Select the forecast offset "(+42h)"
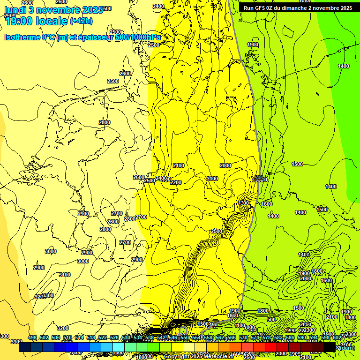(x=81, y=21)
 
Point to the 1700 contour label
(x=244, y=203)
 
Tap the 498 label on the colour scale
(x=32, y=338)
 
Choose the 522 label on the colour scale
(x=103, y=338)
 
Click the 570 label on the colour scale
(x=243, y=338)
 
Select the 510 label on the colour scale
(x=67, y=338)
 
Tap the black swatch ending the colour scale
(x=330, y=347)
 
